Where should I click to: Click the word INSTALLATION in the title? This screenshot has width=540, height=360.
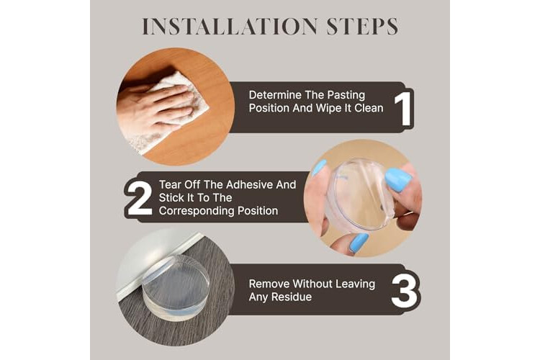pos(230,27)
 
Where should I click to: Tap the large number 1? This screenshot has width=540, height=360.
pos(403,109)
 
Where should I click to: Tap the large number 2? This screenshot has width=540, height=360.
pos(140,199)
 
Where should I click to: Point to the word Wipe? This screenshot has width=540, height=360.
pos(327,109)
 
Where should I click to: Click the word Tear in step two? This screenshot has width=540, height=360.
pos(170,184)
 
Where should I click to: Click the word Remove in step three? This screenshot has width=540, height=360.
pos(269,284)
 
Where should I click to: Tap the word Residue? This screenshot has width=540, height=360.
pos(292,297)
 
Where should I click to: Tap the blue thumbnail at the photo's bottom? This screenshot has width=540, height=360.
pos(359,243)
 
